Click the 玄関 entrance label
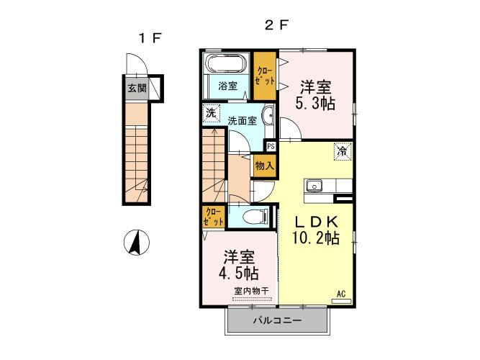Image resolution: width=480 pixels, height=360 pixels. tap(137, 89)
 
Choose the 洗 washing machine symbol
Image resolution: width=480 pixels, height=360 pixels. tap(211, 112)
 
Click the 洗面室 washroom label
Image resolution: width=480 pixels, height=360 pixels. tap(243, 120)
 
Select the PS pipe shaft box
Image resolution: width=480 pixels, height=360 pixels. tap(271, 145)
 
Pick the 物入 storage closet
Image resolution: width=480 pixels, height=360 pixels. tap(264, 165)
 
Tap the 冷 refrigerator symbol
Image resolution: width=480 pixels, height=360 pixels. tap(343, 152)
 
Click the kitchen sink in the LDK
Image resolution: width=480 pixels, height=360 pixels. tap(314, 186)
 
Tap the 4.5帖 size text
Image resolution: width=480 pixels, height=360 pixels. tap(240, 274)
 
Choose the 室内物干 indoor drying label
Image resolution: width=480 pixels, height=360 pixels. tap(251, 291)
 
